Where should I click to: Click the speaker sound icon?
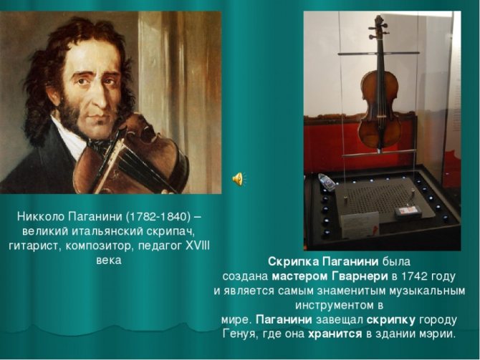(x=238, y=179)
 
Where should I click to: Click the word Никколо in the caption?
(x=41, y=216)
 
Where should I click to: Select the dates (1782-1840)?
(x=158, y=217)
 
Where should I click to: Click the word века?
(x=109, y=261)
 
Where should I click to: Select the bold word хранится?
(x=335, y=334)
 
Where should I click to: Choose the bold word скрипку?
(x=391, y=320)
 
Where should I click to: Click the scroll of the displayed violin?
(x=378, y=23)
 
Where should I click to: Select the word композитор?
(x=100, y=246)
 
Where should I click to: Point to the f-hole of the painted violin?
(x=146, y=132)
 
